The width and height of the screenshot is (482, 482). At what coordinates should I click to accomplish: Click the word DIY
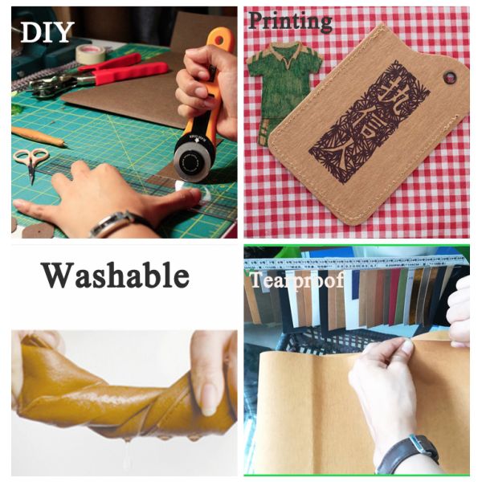[x=47, y=31]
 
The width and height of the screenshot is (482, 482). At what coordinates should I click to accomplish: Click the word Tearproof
[x=296, y=280]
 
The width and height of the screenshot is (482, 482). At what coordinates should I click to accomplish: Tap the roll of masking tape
[x=90, y=54]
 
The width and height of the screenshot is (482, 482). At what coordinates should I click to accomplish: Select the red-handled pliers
[x=120, y=72]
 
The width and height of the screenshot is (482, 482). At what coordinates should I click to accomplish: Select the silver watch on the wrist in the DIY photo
[x=112, y=223]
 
